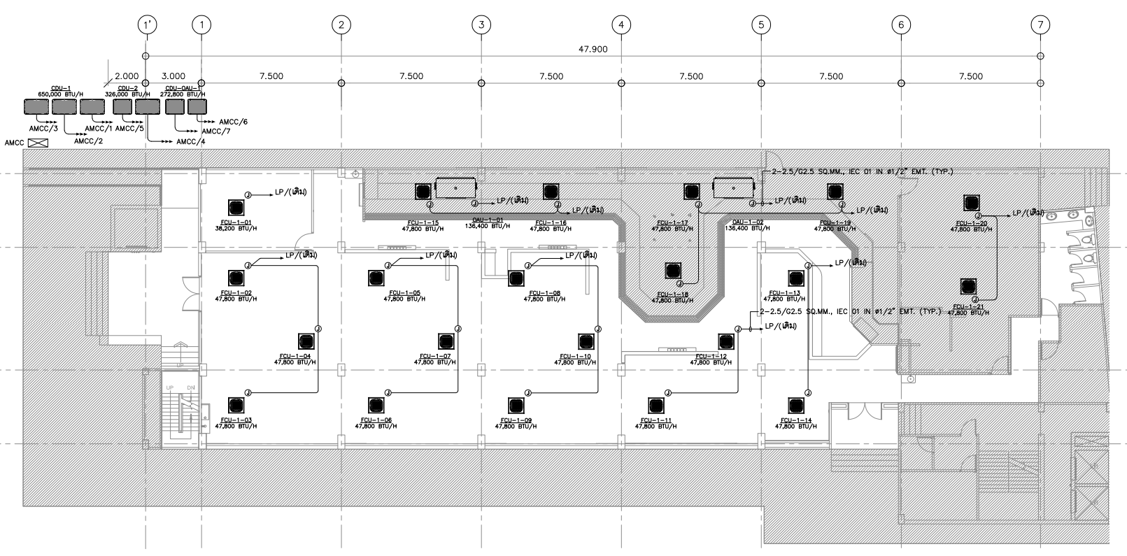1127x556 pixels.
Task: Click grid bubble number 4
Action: [x=621, y=25]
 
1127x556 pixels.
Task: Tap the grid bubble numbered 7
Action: [x=1041, y=25]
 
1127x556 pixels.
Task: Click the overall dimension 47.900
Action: [x=593, y=49]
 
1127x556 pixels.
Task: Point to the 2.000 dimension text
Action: [x=127, y=76]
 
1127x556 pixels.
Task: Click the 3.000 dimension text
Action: [x=173, y=76]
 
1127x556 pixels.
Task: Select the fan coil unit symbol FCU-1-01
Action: [x=236, y=208]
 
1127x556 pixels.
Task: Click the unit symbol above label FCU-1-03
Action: [x=236, y=405]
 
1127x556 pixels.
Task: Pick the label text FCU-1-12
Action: [x=711, y=357]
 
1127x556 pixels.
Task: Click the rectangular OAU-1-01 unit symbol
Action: [x=455, y=188]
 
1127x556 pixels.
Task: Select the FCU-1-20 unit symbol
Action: [x=970, y=203]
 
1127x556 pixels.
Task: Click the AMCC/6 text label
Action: [x=234, y=122]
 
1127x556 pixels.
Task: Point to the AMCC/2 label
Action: [x=88, y=141]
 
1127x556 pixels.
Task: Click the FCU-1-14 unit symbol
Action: [x=795, y=405]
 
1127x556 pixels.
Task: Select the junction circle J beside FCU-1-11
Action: [x=668, y=393]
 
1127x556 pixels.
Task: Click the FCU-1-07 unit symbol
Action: [x=446, y=341]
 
